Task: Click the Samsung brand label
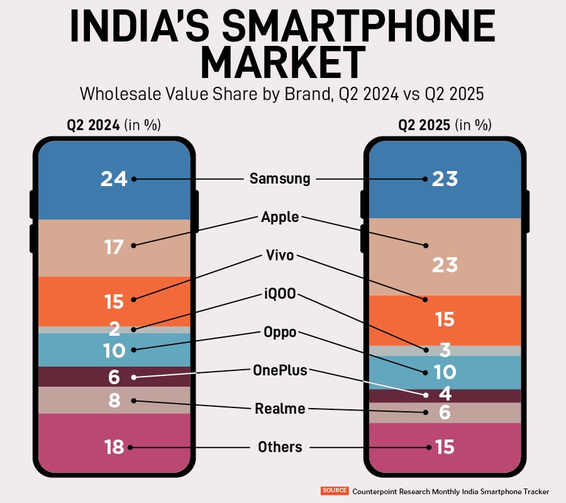[280, 179]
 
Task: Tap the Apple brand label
[280, 218]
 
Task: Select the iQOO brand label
[280, 295]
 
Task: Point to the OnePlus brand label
[280, 370]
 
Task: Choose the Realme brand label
[280, 409]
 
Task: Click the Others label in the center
[280, 447]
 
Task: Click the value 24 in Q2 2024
[114, 179]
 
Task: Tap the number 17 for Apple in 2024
[114, 247]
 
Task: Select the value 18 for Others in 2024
[114, 447]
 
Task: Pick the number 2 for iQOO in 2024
[114, 329]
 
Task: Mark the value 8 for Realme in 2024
[114, 401]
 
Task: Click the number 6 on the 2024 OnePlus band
[114, 377]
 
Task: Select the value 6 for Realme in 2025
[445, 412]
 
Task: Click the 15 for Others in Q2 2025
[445, 447]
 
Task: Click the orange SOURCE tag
[335, 490]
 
